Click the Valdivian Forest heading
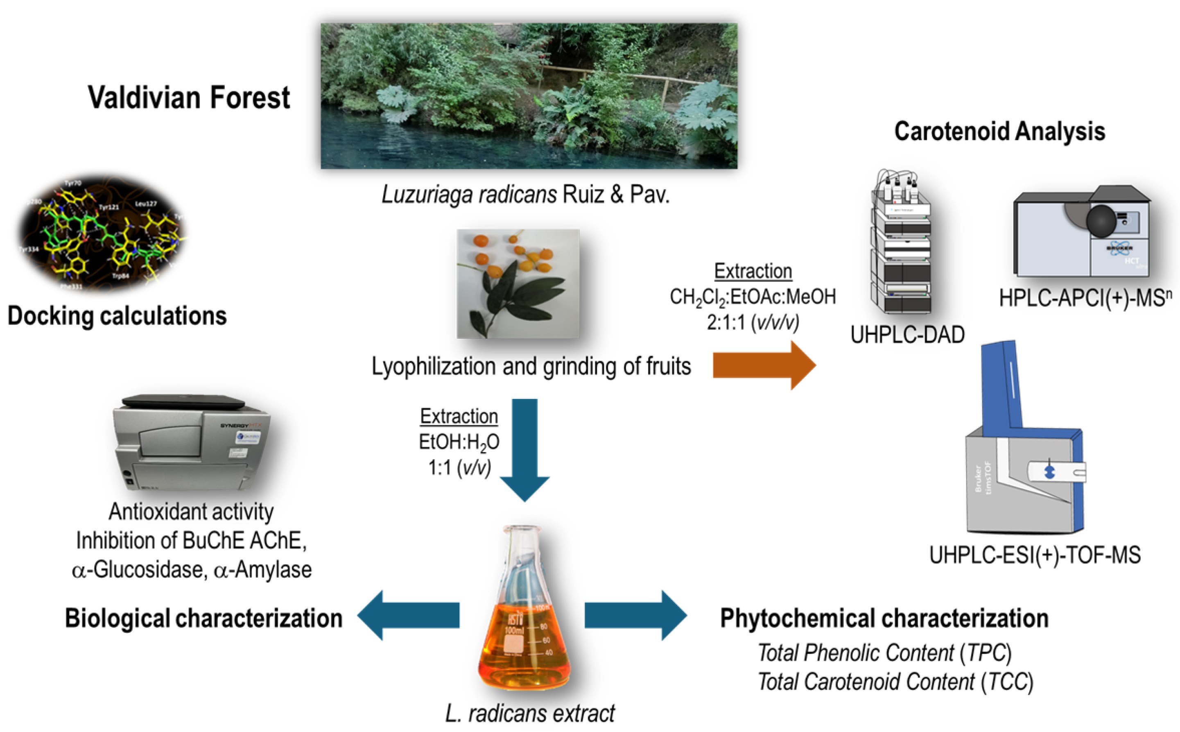[x=189, y=98]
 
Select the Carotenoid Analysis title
[x=999, y=131]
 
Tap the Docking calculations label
[x=117, y=316]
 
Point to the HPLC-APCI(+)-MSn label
[x=1085, y=298]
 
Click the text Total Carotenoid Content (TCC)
[x=895, y=682]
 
